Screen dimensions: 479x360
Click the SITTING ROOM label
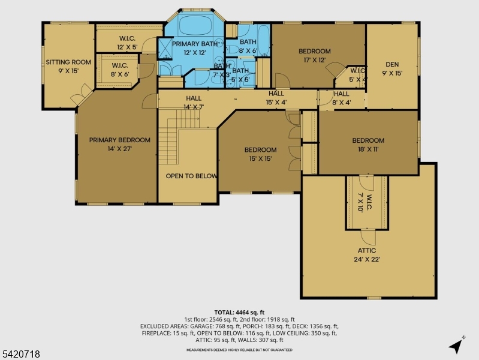[x=68, y=62]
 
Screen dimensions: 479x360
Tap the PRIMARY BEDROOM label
[x=120, y=140]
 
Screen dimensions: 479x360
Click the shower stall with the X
[x=165, y=49]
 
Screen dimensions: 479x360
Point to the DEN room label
[x=392, y=64]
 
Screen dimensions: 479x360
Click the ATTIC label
[x=367, y=251]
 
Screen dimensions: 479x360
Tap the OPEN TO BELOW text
[x=191, y=176]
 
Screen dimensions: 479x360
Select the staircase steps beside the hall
[x=178, y=134]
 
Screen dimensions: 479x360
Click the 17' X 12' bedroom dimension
[x=314, y=60]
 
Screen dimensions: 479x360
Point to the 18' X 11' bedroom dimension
[x=368, y=149]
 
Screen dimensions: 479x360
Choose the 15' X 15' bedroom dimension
[x=260, y=158]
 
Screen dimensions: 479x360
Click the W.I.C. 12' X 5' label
[x=127, y=43]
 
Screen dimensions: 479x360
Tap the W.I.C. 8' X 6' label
[x=120, y=70]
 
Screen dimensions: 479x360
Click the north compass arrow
[x=456, y=346]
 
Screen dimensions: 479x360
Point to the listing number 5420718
[x=21, y=354]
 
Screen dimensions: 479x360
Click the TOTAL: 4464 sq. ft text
[x=239, y=313]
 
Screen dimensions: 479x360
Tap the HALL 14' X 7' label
[x=194, y=103]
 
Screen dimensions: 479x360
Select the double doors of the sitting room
[x=82, y=95]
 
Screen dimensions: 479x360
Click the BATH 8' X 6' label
[x=248, y=46]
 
